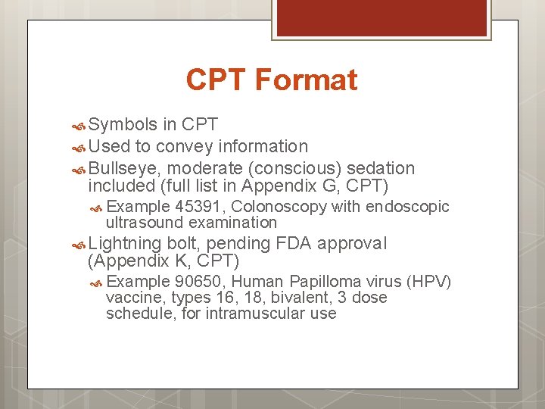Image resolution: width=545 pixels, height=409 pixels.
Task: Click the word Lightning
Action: click(x=125, y=244)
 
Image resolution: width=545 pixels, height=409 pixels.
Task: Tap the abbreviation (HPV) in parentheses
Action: click(x=429, y=283)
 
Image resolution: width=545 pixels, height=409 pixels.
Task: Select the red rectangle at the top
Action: click(x=381, y=17)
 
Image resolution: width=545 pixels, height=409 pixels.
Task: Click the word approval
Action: click(x=353, y=244)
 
